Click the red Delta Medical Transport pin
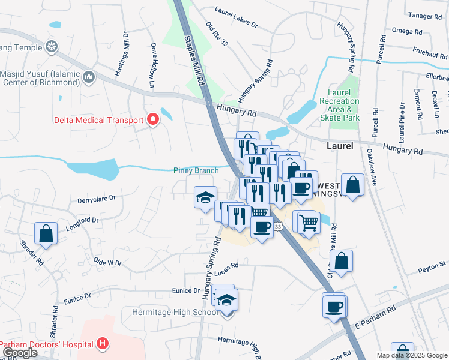pyautogui.click(x=153, y=119)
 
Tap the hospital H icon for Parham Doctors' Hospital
pyautogui.click(x=103, y=344)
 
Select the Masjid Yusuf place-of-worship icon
pyautogui.click(x=89, y=77)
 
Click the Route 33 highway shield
pyautogui.click(x=278, y=227)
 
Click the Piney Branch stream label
pyautogui.click(x=196, y=170)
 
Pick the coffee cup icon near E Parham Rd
pyautogui.click(x=334, y=306)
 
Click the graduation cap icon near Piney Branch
pyautogui.click(x=205, y=197)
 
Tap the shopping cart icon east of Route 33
pyautogui.click(x=309, y=222)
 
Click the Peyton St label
pyautogui.click(x=433, y=263)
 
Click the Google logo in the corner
pyautogui.click(x=19, y=353)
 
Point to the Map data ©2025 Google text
pyautogui.click(x=412, y=355)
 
